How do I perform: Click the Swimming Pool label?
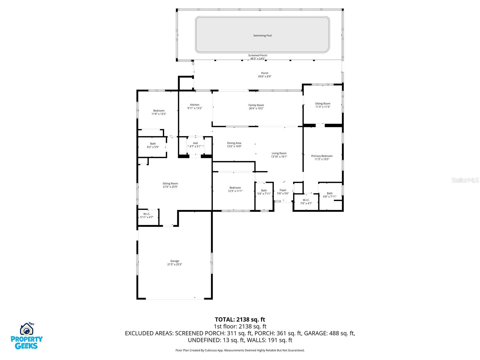click(262, 35)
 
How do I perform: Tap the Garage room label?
click(175, 261)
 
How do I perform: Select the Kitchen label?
click(195, 105)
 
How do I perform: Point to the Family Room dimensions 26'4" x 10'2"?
click(256, 108)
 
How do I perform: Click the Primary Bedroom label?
click(322, 156)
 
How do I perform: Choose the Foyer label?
click(283, 190)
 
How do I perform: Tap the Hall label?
click(195, 143)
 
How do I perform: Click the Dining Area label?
click(234, 143)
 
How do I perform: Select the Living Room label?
click(279, 153)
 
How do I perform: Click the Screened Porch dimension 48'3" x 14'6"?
click(258, 58)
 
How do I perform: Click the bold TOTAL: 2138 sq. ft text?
click(240, 319)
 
